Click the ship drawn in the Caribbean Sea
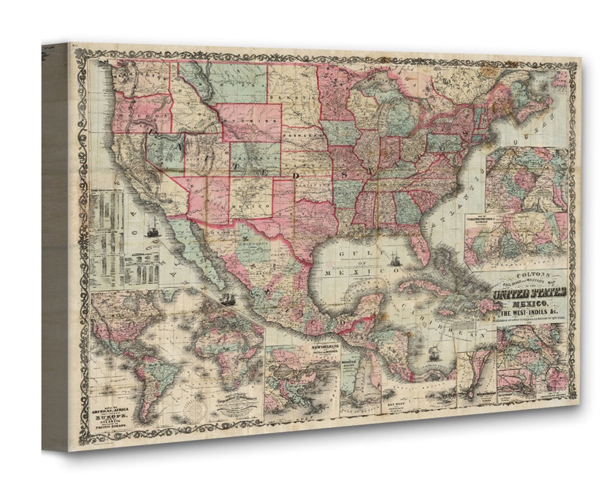(x=433, y=353)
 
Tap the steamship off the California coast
(x=152, y=230)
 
